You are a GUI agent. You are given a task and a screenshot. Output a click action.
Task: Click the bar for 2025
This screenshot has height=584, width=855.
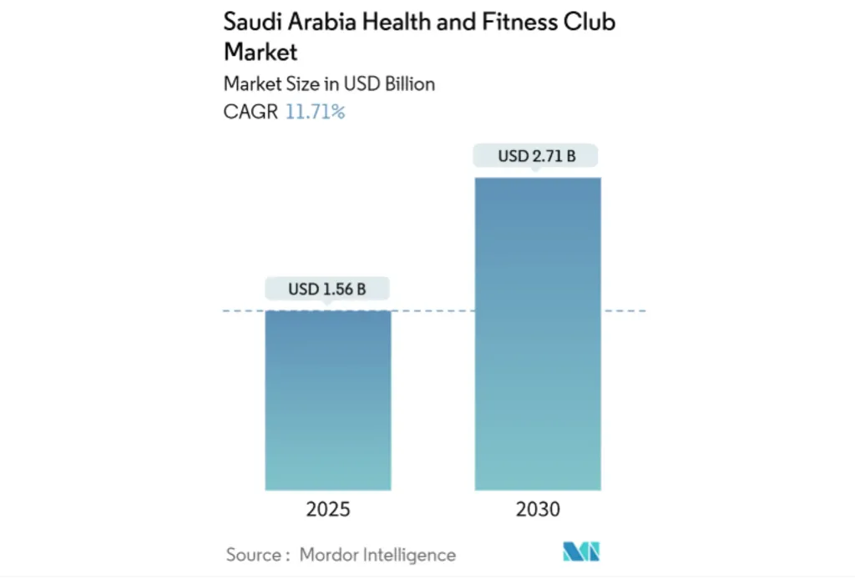click(327, 400)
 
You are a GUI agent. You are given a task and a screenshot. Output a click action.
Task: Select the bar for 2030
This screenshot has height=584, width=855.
click(538, 334)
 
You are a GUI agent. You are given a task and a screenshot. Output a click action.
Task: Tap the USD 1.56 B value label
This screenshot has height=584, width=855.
click(327, 289)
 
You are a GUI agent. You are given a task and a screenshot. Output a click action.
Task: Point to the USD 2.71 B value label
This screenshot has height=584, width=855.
click(537, 155)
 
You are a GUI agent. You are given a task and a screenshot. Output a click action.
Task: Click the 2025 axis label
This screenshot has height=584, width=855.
click(327, 510)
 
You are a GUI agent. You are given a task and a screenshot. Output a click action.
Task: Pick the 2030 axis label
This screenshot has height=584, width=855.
click(538, 510)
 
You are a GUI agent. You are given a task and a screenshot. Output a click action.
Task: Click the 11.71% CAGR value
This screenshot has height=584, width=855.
click(315, 112)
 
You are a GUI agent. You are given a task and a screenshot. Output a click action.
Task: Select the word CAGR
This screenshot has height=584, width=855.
click(250, 112)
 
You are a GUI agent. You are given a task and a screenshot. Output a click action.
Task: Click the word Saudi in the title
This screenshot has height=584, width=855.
click(251, 22)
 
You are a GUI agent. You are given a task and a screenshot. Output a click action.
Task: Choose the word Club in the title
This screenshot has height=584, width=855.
click(589, 22)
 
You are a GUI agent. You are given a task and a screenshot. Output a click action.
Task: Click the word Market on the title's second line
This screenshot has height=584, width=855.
click(261, 52)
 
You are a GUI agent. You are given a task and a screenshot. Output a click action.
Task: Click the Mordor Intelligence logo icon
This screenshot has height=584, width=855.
click(582, 551)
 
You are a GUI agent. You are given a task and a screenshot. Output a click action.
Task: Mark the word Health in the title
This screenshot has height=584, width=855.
click(397, 22)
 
